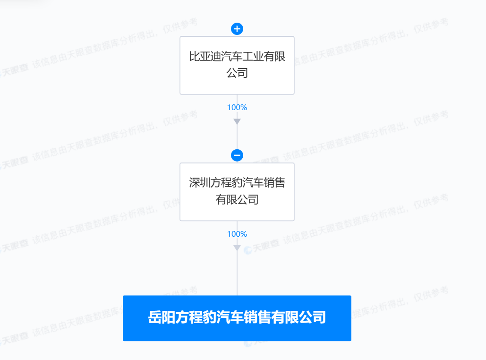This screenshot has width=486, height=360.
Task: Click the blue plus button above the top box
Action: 237,29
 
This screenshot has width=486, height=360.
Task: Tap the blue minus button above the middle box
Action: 237,155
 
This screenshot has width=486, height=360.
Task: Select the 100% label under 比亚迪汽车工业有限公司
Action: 237,107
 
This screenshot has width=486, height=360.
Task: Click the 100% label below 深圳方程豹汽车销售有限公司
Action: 237,234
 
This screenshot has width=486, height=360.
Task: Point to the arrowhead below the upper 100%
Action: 237,121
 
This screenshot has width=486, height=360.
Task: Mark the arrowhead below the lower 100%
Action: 237,248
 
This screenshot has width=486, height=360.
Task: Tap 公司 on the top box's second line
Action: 237,73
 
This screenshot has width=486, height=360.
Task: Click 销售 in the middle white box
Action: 274,183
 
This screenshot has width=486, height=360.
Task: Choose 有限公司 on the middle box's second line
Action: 237,199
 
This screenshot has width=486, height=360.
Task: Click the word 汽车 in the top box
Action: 232,56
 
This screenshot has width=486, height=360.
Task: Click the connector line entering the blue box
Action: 237,274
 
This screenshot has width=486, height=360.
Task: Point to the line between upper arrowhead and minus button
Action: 237,137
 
